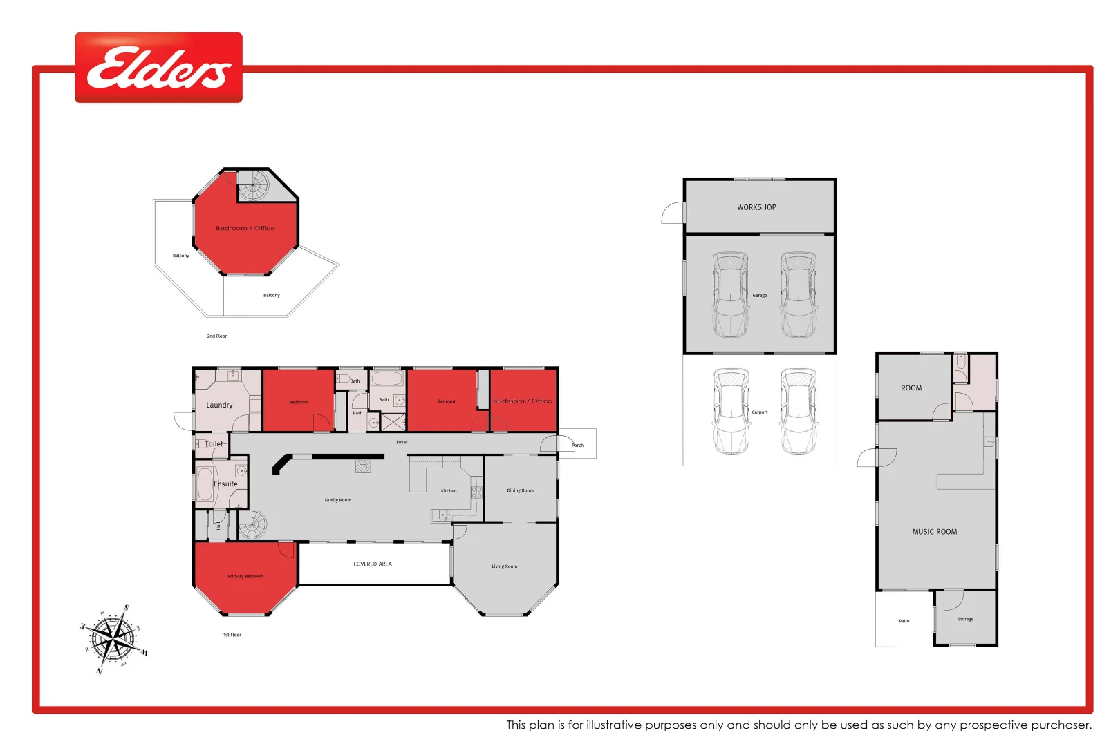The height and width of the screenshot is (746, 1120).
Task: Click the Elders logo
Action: click(158, 68)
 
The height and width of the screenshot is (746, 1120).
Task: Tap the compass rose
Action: click(113, 638)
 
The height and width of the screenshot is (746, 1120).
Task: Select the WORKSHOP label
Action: click(756, 207)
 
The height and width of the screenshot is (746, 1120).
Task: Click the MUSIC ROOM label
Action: click(934, 532)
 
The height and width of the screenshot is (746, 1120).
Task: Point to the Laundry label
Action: click(219, 405)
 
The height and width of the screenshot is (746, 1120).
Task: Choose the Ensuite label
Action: click(225, 484)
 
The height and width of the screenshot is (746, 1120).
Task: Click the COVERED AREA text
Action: click(372, 564)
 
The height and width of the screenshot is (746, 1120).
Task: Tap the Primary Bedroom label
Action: click(245, 576)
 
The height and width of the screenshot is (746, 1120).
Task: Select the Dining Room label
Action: click(520, 490)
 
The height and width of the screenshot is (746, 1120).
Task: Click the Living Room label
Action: click(504, 566)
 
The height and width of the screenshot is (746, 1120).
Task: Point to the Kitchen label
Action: click(449, 491)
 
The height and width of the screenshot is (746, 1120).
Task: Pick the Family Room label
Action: click(337, 500)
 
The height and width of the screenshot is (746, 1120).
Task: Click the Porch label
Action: click(577, 446)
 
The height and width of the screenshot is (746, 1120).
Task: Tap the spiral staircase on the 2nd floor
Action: click(253, 185)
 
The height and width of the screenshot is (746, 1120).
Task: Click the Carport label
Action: click(759, 412)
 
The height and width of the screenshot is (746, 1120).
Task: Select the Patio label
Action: click(904, 621)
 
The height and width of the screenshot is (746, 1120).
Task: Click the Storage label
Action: click(965, 619)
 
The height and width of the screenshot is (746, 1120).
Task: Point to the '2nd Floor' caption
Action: click(216, 336)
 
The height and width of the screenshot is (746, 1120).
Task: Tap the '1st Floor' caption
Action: click(232, 635)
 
